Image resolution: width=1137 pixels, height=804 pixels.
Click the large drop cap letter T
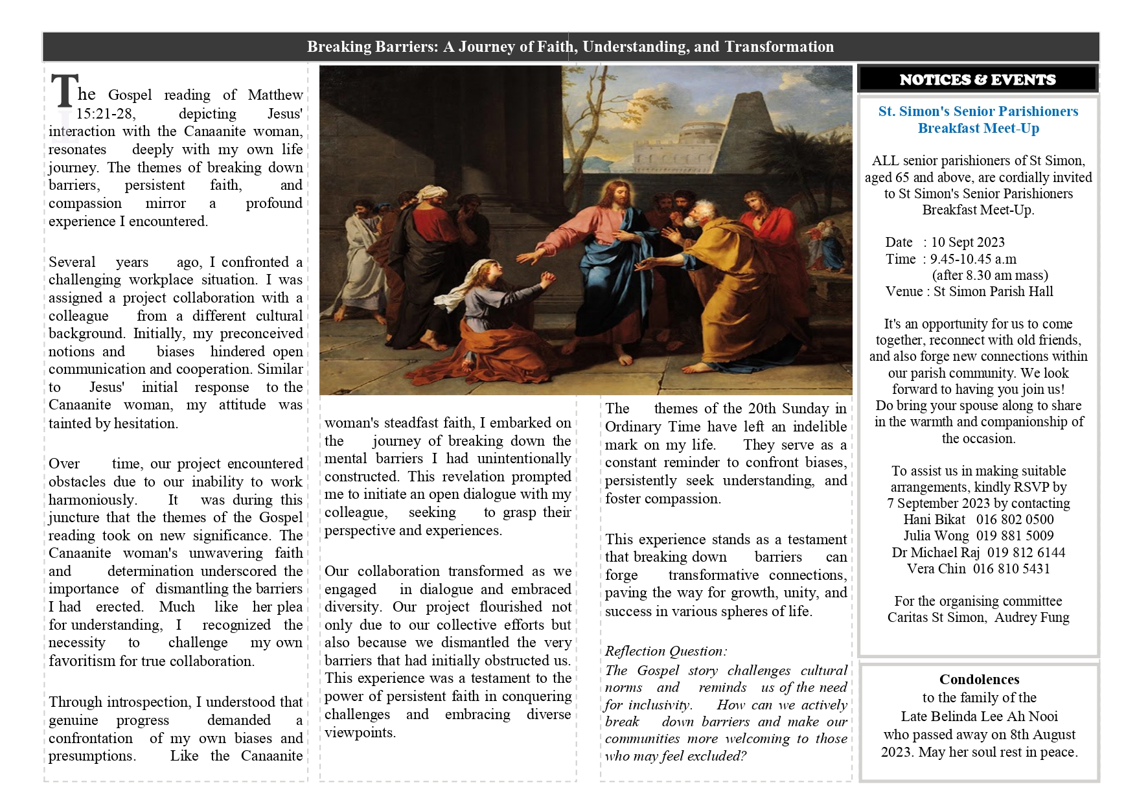click(x=64, y=91)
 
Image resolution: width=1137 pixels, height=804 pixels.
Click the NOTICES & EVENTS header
click(x=978, y=80)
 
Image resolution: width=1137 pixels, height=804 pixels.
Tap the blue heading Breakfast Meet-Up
click(x=978, y=128)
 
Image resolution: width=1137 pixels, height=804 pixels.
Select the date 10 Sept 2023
click(x=968, y=242)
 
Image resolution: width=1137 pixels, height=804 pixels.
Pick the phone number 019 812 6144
click(x=1026, y=553)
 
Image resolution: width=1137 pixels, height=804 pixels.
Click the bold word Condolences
click(x=979, y=680)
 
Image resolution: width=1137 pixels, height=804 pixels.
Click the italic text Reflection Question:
click(x=666, y=651)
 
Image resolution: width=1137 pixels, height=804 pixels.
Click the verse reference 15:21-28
click(x=106, y=114)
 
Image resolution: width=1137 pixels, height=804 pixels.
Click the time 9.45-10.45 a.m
click(x=973, y=259)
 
